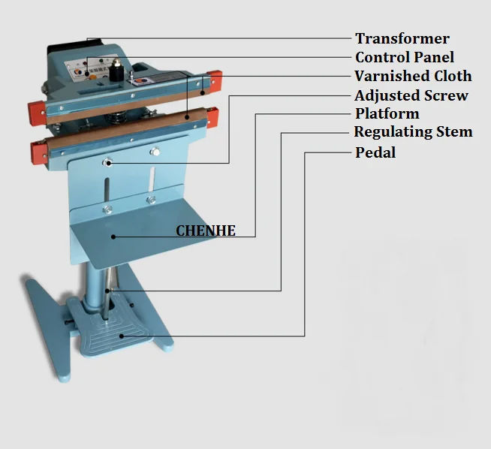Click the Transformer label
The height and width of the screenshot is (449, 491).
[x=402, y=38]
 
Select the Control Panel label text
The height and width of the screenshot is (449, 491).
[x=405, y=57]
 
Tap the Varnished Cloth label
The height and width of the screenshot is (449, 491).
[x=413, y=76]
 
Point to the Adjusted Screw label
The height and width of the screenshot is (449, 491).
[x=411, y=95]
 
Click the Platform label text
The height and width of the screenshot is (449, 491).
[x=387, y=113]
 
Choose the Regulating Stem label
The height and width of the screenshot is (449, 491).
[x=413, y=132]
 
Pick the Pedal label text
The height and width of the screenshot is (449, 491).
[x=375, y=152]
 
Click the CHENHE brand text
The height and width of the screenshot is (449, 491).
[x=206, y=231]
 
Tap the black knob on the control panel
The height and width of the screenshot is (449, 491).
[x=117, y=71]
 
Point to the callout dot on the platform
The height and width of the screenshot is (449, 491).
[x=113, y=237]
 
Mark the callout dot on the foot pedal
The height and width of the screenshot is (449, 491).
[x=122, y=336]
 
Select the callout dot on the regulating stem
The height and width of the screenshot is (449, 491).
[x=107, y=291]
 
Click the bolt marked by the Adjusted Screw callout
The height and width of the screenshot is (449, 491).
[x=108, y=162]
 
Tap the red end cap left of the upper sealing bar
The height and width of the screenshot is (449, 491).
[x=37, y=113]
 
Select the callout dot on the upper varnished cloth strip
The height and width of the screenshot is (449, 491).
[x=203, y=92]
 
